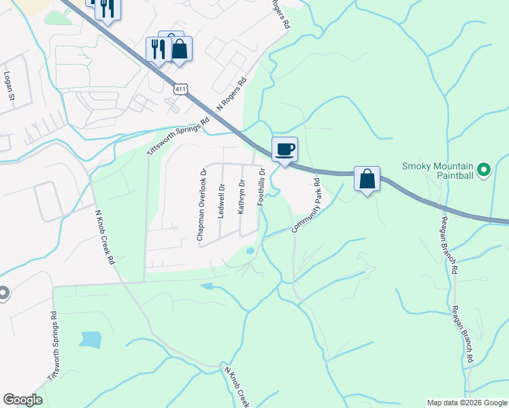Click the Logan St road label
click(10, 86)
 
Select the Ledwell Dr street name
click(220, 201)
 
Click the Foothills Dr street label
click(261, 192)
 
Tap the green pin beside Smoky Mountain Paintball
click(484, 169)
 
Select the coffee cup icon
click(284, 148)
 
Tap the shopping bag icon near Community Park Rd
click(367, 179)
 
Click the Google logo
click(22, 400)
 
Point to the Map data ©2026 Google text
click(467, 403)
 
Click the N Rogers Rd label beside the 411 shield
click(230, 101)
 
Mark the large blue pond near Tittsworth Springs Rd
click(89, 339)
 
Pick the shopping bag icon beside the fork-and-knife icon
click(180, 50)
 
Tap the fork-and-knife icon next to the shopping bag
click(157, 48)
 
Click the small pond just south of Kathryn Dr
click(250, 251)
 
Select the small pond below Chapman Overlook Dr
click(207, 286)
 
